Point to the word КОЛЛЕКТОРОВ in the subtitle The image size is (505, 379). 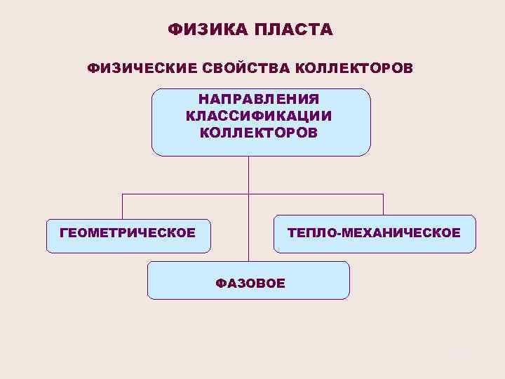pyautogui.click(x=354, y=69)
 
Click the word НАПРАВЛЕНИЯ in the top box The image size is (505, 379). pyautogui.click(x=259, y=100)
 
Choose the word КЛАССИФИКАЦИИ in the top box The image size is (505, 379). pyautogui.click(x=259, y=116)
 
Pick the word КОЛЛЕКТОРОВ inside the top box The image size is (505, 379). pyautogui.click(x=259, y=132)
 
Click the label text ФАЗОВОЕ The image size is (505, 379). pyautogui.click(x=250, y=284)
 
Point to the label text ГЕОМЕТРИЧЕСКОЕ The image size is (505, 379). pyautogui.click(x=128, y=232)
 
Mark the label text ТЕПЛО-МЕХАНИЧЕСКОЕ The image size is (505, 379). pyautogui.click(x=374, y=232)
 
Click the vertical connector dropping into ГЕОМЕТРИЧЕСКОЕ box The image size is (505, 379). pyautogui.click(x=123, y=206)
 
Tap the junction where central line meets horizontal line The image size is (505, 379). pyautogui.click(x=248, y=194)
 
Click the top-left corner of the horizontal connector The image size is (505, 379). pyautogui.click(x=123, y=194)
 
